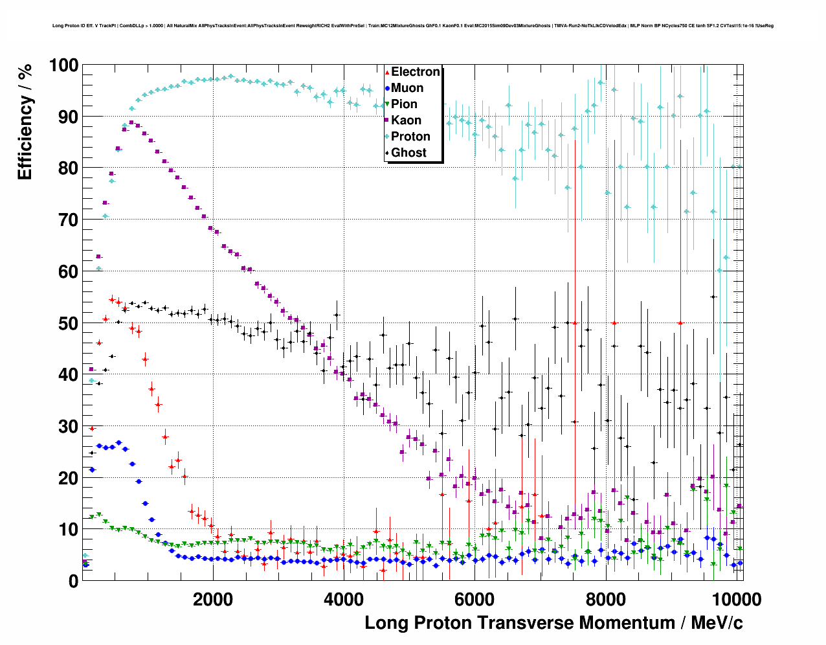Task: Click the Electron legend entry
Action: point(415,72)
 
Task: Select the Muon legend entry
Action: point(407,88)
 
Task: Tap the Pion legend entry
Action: point(404,104)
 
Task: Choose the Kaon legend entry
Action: point(406,120)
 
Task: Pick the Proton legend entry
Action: point(410,137)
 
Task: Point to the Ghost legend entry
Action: point(408,153)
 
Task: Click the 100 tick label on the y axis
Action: point(63,65)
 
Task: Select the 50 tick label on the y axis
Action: point(68,323)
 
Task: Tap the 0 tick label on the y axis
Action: point(73,581)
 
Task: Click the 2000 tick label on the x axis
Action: point(212,599)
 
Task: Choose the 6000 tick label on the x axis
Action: point(474,599)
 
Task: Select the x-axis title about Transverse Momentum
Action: point(553,623)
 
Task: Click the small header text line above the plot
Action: point(412,26)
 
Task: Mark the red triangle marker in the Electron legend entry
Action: point(387,72)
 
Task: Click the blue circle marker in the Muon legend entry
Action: point(387,88)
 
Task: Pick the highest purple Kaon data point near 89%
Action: point(131,122)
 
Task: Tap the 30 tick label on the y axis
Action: point(68,426)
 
